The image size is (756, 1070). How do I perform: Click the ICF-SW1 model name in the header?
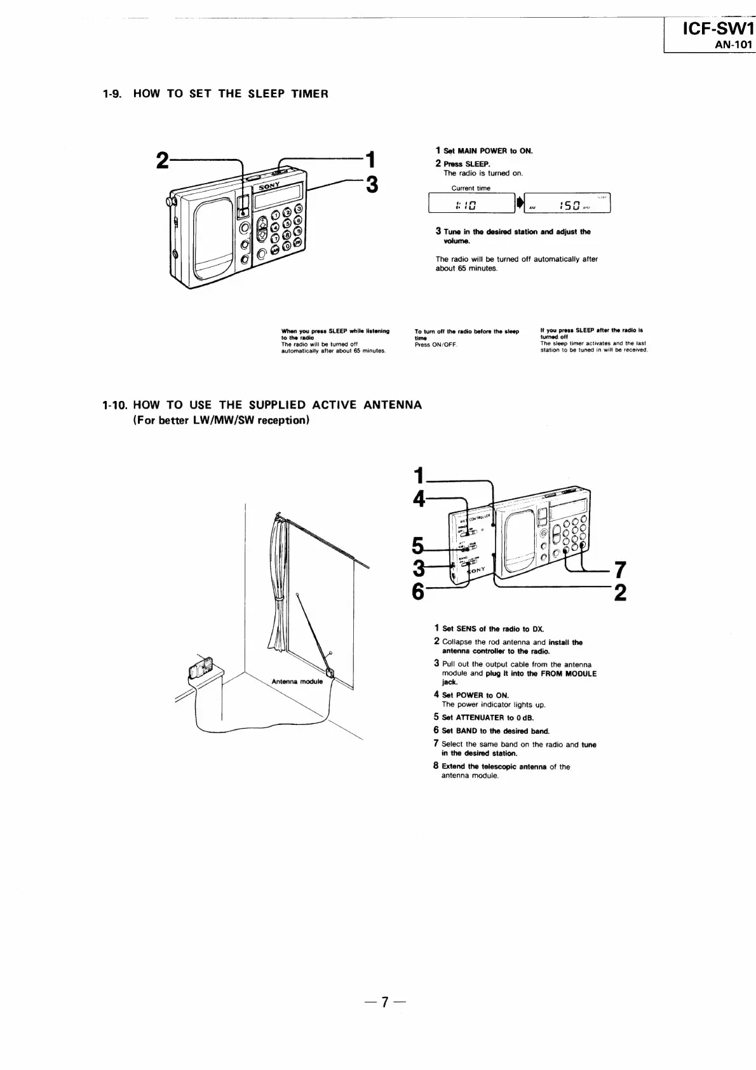coord(717,29)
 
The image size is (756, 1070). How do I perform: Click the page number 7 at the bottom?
coord(384,1002)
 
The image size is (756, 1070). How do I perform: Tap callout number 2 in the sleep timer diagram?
coord(162,161)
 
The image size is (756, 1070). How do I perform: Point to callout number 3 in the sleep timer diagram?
coord(372,184)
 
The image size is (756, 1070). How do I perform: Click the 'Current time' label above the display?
coord(471,188)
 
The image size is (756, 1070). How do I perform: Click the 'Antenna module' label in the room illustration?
coord(297,681)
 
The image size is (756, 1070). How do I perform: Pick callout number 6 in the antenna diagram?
coord(417,591)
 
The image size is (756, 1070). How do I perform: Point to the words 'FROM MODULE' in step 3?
coord(570,674)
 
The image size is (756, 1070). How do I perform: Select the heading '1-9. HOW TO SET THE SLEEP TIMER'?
coord(215,94)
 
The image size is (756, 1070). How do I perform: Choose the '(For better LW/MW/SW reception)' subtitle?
coord(221,421)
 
